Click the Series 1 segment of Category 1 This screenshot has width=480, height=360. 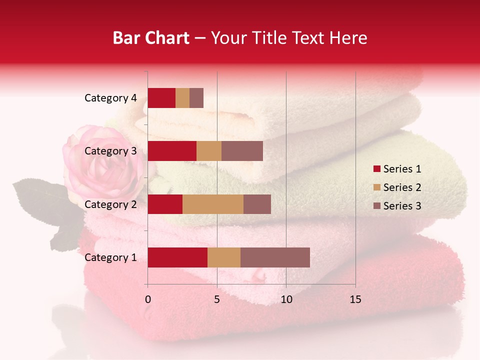click(177, 257)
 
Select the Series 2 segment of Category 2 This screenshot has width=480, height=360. click(213, 204)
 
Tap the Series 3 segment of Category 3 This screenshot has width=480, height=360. click(242, 151)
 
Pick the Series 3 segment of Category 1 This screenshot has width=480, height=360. click(275, 257)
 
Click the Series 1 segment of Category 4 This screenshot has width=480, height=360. click(161, 98)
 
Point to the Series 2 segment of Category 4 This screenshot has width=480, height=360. click(182, 98)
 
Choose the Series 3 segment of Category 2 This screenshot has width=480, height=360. click(257, 204)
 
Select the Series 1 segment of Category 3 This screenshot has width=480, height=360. click(172, 151)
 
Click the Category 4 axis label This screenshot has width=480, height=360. click(110, 98)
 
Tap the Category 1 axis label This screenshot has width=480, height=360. click(110, 257)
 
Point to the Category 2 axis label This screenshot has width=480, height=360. click(110, 204)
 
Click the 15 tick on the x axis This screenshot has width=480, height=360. click(355, 299)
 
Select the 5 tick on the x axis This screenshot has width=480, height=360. click(217, 299)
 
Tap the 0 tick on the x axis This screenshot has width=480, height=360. click(148, 299)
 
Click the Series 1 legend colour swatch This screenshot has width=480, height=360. click(376, 169)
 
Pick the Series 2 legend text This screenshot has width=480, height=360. click(402, 187)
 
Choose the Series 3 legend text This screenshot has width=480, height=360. click(402, 205)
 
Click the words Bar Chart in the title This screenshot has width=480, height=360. click(151, 38)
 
